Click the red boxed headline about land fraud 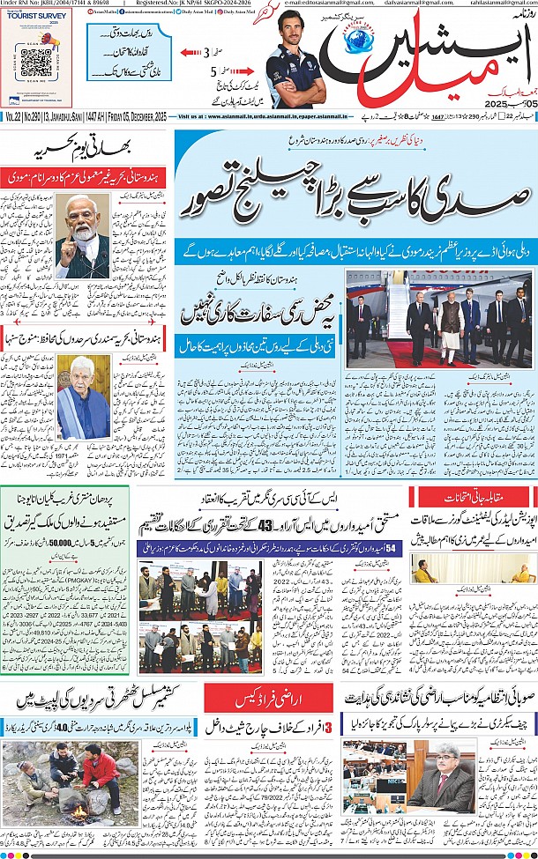pos(261,673)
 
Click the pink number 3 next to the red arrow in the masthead pos(206,53)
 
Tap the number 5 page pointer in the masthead pos(213,97)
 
